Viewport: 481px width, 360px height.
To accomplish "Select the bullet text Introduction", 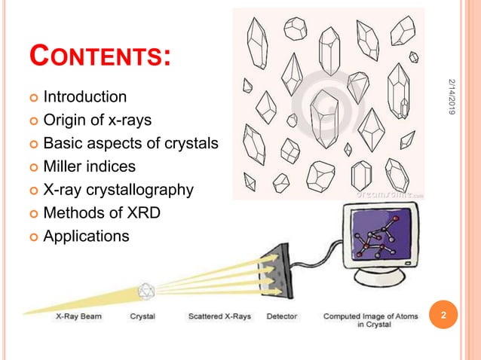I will click(84, 96).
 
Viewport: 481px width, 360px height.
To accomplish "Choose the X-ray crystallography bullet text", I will click(118, 189).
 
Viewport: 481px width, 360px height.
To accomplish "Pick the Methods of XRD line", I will click(102, 212).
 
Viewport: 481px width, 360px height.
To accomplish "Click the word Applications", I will click(86, 236).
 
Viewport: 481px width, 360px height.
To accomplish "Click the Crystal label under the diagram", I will click(142, 316).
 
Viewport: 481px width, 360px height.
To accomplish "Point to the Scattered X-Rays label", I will click(219, 316).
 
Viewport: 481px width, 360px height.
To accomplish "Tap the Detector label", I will click(281, 316).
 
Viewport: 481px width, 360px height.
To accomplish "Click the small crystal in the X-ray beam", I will click(145, 290).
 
